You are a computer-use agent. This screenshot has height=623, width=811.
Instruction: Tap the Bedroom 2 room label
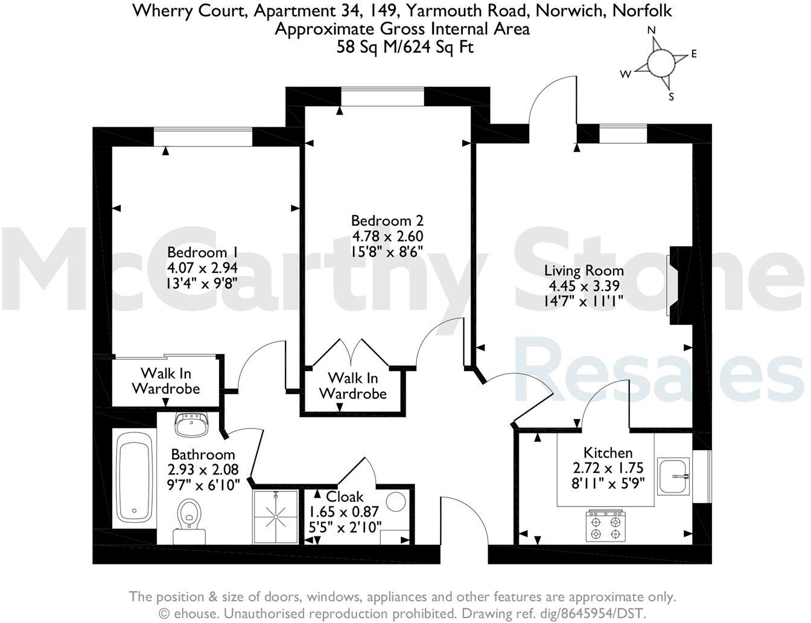tap(387, 221)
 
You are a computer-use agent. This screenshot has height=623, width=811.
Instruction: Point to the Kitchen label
tap(608, 453)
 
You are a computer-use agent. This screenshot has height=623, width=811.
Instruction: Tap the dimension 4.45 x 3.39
tap(584, 286)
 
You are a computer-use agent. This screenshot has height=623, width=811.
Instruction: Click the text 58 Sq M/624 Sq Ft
tap(405, 47)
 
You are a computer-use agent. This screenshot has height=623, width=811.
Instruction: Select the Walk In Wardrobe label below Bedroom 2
tap(352, 386)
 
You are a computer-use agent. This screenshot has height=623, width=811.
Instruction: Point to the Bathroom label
tap(203, 454)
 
